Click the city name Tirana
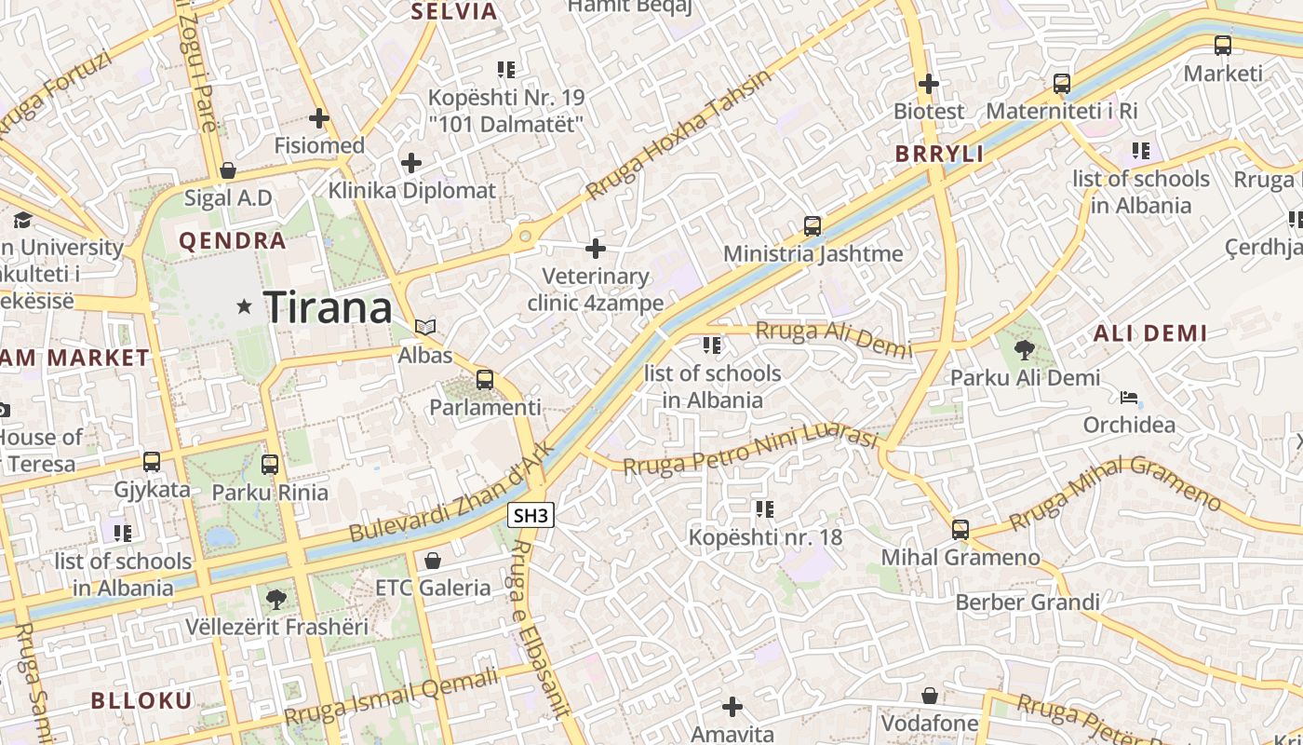coord(328,307)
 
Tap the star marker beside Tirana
coord(245,305)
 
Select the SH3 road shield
coord(532,515)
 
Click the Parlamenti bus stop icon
coord(485,380)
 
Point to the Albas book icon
coord(425,328)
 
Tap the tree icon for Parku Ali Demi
coord(1025,350)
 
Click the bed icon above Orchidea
coord(1129,398)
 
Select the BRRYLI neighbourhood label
coord(939,155)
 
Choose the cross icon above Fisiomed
coord(319,118)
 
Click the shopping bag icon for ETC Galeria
coord(432,561)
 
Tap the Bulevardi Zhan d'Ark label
coord(452,493)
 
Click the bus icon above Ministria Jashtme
coord(813,226)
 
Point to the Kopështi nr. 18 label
coord(765,537)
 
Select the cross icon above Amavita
coord(732,708)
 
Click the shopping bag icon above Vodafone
coord(929,696)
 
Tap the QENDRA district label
coord(232,241)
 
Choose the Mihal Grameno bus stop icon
coord(960,530)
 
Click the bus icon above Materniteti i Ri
coord(1062,84)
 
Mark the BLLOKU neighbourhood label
coord(141,700)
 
